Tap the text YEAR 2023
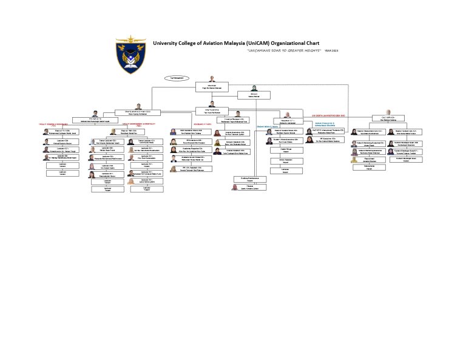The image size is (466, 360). click(331, 50)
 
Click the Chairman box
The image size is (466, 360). click(212, 87)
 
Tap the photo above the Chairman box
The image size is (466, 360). click(212, 80)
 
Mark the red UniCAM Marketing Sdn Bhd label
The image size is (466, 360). click(328, 115)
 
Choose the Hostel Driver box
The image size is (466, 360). click(285, 149)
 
